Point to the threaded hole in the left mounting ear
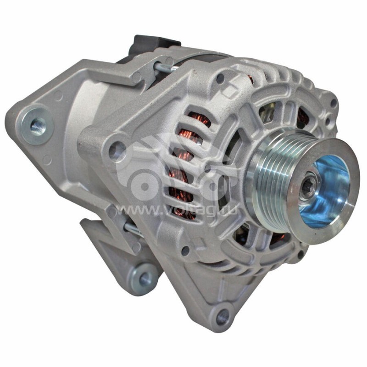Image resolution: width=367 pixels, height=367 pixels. pyautogui.click(x=37, y=124)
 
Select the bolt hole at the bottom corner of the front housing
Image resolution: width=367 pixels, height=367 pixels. pyautogui.click(x=222, y=316)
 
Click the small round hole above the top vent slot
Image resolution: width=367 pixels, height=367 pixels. pyautogui.click(x=220, y=79)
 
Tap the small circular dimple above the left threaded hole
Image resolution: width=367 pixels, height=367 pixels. pyautogui.click(x=58, y=96)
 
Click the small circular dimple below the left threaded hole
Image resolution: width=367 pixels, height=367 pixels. pyautogui.click(x=47, y=160)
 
